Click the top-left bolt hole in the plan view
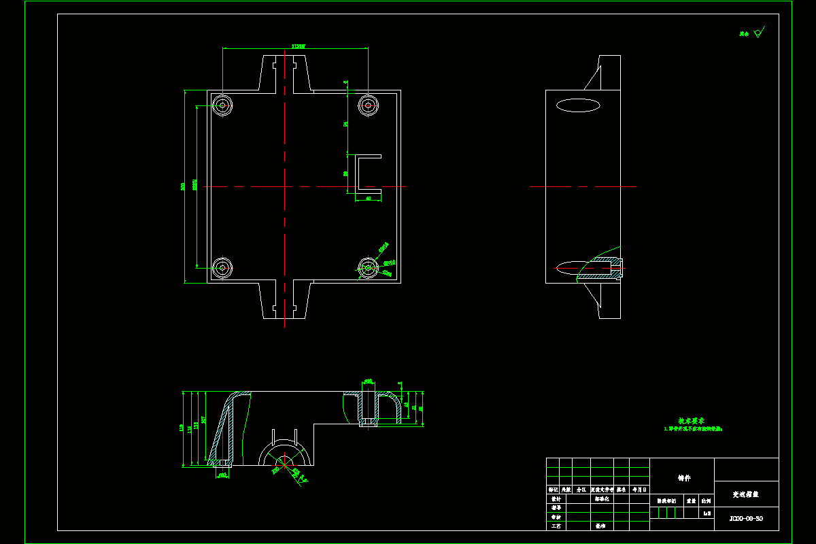click(222, 105)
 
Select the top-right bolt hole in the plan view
click(368, 105)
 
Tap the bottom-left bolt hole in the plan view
click(222, 268)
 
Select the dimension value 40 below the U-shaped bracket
click(368, 199)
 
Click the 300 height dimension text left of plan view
click(183, 186)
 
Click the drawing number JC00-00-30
click(746, 519)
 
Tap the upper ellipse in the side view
click(578, 105)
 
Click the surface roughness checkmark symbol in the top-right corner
click(760, 31)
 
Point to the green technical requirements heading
click(691, 421)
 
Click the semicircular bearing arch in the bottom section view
click(286, 452)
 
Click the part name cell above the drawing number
click(746, 494)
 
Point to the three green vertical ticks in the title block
click(666, 512)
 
